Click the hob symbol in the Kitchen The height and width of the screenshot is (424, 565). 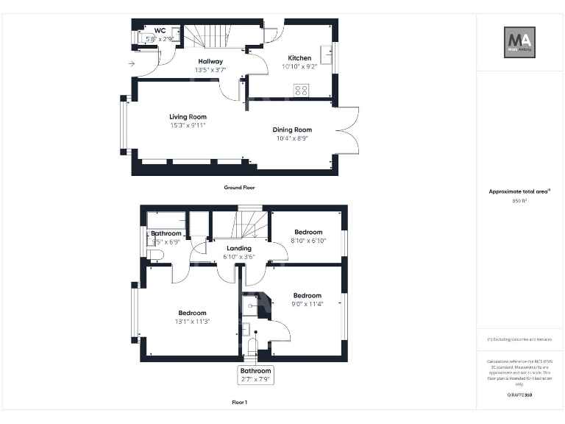pos(301,90)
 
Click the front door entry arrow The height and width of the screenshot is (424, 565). pos(131,64)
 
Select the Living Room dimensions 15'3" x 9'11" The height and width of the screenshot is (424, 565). pos(188,125)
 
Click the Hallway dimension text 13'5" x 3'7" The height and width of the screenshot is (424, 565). pos(210,70)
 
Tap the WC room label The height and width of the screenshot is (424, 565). pos(160,30)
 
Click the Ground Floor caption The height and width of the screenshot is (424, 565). pos(239,188)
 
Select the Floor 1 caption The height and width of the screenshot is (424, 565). pos(239,403)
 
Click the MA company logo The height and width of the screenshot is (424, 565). pos(519,42)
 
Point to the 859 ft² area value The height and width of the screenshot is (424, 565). pos(519,201)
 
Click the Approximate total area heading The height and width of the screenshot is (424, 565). pos(519,191)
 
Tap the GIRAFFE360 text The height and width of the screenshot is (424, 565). pos(519,395)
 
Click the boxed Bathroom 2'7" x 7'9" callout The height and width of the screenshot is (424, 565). pos(255,375)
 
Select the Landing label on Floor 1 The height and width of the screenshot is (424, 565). pos(239,248)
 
